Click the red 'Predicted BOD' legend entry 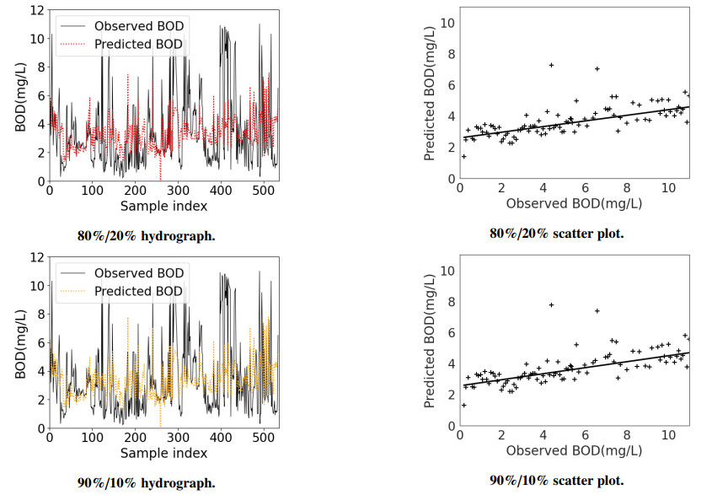click(x=137, y=44)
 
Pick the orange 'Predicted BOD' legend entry click(x=137, y=292)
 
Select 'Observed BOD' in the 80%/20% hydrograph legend click(x=137, y=25)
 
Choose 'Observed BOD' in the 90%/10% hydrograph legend click(x=137, y=273)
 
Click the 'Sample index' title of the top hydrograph click(x=163, y=207)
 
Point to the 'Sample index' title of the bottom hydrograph click(x=163, y=454)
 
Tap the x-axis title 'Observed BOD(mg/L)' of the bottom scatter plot click(x=573, y=450)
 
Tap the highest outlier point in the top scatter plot click(x=551, y=65)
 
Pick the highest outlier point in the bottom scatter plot click(x=551, y=305)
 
